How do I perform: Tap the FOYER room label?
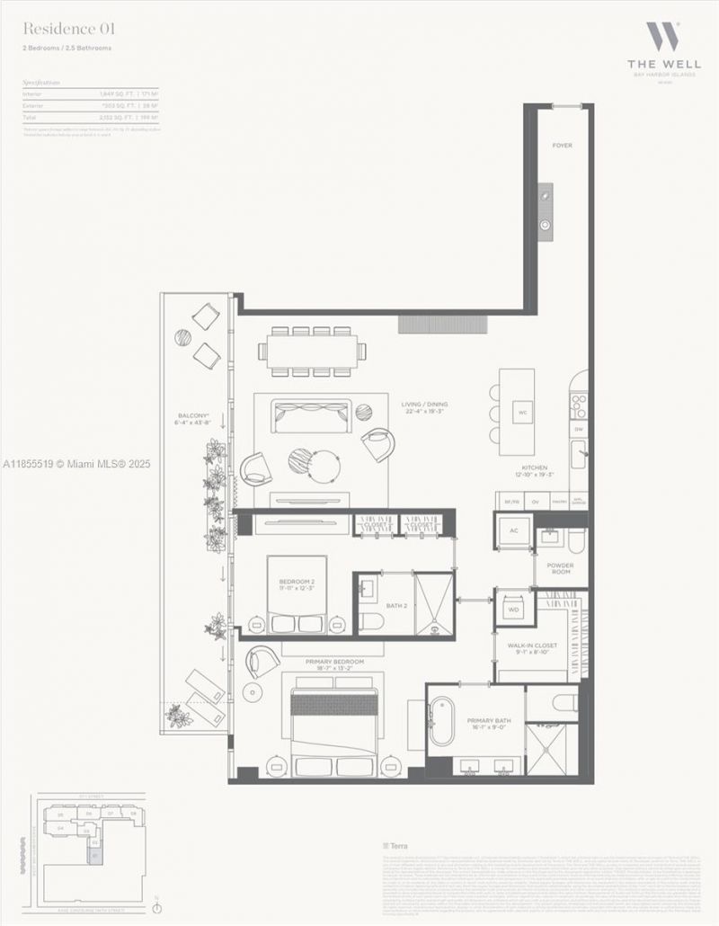pos(562,145)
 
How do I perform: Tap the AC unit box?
pos(514,530)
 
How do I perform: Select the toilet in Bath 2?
pos(371,621)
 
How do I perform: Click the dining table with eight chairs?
pos(312,351)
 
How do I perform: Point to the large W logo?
pos(663,38)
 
